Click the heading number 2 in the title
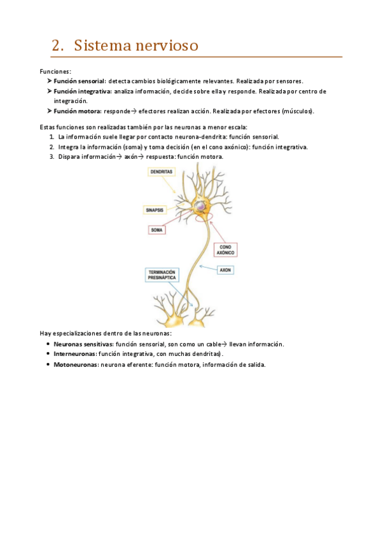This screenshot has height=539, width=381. pos(57,46)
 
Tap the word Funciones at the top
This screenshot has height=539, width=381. pos(55,71)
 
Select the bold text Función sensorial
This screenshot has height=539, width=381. pos(80,81)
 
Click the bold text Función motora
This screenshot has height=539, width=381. pos(77,111)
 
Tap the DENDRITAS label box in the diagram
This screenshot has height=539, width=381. pos(161,172)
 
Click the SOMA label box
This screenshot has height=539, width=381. pos(157,229)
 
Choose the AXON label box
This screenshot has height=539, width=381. pos(225,270)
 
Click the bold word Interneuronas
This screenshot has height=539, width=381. pos(75,353)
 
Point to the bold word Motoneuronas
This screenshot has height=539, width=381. pos(76,365)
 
